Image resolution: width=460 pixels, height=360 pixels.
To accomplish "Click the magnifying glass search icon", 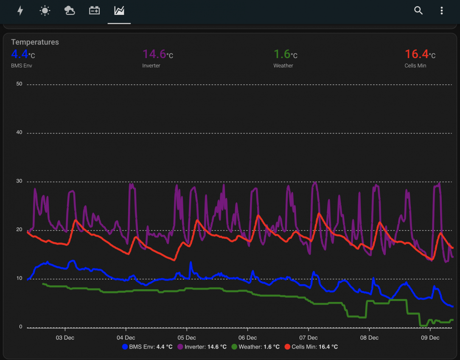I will [x=418, y=11].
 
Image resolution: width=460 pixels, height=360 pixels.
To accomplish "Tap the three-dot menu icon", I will [x=442, y=11].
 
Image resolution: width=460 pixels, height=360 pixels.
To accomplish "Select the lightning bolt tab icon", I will [x=20, y=11].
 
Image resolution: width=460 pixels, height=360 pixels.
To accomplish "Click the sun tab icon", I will [x=45, y=11].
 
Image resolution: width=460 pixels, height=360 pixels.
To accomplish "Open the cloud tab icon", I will [x=70, y=11].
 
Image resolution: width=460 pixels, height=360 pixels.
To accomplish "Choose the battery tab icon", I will [x=94, y=11].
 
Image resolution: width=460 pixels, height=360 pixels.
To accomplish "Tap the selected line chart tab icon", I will [x=119, y=11].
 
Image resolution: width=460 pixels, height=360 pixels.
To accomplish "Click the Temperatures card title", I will [x=35, y=42].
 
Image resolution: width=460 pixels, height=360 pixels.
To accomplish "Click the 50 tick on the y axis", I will [x=19, y=84].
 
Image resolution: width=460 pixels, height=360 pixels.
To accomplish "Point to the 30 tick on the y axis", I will [x=19, y=181].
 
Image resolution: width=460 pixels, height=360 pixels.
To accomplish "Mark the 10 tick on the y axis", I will [x=19, y=279].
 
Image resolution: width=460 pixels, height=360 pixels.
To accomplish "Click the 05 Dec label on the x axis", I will [x=187, y=338].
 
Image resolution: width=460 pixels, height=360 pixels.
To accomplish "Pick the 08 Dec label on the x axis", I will [x=369, y=338].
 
